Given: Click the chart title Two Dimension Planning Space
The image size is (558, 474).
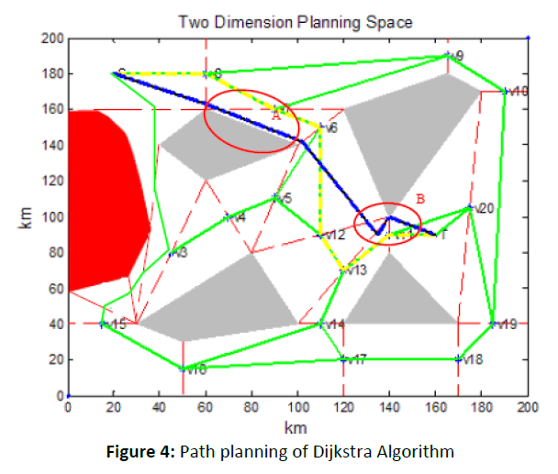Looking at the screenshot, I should click(296, 20).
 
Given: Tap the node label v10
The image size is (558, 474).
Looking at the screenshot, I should click(518, 92).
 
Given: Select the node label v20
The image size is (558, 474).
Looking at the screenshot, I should click(485, 209).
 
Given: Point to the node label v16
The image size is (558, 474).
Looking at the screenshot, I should click(195, 369).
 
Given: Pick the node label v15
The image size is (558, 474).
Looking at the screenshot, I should click(116, 325).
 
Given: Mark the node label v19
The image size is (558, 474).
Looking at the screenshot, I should click(507, 325).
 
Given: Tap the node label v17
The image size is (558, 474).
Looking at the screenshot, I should click(356, 359).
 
